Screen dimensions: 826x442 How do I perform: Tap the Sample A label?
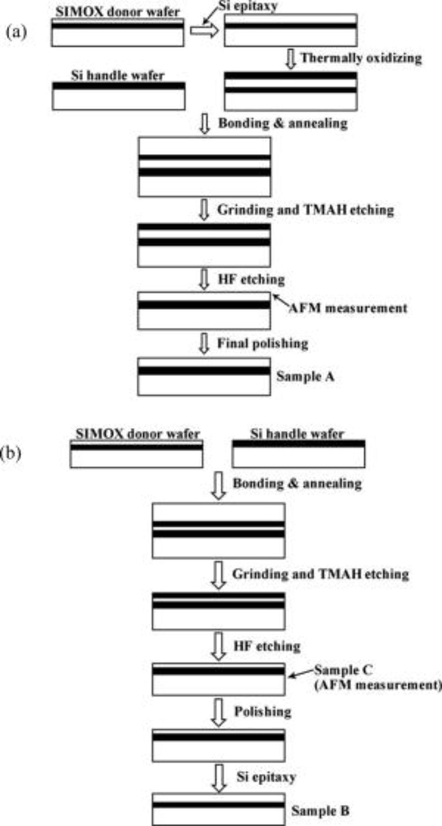pos(305,377)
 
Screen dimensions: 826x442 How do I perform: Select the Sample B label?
pos(320,811)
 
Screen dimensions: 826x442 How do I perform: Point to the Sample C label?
pos(343,670)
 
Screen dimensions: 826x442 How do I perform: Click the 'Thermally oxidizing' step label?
pos(361,58)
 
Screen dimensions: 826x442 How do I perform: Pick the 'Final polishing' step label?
pos(263,343)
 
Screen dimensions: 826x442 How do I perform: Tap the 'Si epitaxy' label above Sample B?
pos(266,777)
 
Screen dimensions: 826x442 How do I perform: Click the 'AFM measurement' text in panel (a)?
pos(348,308)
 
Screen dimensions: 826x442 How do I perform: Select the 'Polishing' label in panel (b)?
pos(263,711)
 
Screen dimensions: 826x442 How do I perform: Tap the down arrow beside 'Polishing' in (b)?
pos(218,712)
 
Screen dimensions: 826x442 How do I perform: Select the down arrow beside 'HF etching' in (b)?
pos(218,647)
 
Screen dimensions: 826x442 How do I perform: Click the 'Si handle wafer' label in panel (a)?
pos(117,75)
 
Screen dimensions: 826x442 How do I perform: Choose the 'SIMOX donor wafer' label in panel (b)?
pos(138,434)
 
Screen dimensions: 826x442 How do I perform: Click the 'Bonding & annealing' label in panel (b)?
pos(297,484)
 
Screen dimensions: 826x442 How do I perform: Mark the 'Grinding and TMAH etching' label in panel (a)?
pos(306,210)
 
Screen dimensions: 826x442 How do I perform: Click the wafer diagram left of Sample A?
pos(204,377)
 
